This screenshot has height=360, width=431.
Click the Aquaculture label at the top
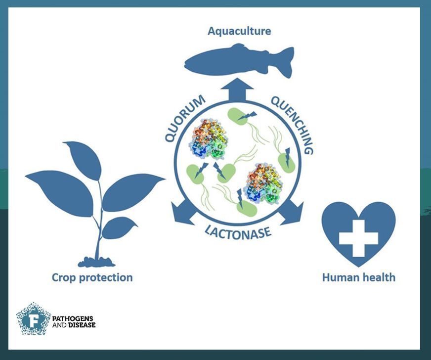click(x=239, y=31)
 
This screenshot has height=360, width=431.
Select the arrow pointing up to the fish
click(x=237, y=90)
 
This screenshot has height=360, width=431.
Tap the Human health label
click(x=358, y=277)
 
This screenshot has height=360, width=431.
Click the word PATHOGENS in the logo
click(x=73, y=317)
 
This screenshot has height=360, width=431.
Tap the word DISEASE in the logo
click(x=82, y=325)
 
